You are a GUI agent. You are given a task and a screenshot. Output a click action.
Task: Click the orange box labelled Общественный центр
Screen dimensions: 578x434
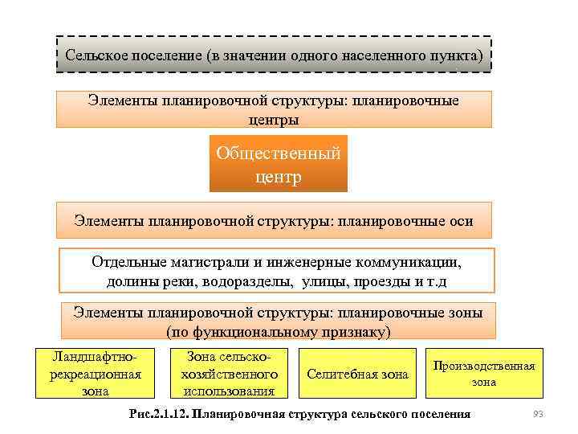[278, 164]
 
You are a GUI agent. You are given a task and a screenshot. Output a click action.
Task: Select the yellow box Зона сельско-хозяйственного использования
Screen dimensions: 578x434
[229, 373]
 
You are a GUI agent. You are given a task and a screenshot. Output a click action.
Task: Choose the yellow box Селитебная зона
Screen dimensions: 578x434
[357, 374]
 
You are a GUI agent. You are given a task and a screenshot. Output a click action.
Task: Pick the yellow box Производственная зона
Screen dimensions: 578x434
[483, 373]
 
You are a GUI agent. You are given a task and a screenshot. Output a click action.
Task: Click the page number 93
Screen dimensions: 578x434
[539, 414]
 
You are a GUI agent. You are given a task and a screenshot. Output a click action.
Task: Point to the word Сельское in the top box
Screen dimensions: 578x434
[95, 56]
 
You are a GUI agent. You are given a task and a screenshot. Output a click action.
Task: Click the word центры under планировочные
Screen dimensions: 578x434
[274, 120]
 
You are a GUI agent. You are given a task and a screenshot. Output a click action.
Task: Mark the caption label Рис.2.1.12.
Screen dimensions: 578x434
[157, 414]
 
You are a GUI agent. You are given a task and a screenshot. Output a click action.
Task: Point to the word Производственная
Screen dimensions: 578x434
[483, 366]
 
